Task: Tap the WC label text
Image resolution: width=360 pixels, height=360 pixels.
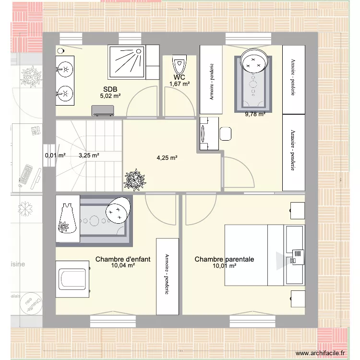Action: pos(179,77)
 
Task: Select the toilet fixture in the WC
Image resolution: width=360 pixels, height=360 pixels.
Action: pos(180,63)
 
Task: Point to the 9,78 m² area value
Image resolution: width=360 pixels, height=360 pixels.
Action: pos(255,114)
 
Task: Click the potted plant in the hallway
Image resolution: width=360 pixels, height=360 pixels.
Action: pos(134,180)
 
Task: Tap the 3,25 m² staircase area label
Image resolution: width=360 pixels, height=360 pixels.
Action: pos(89,155)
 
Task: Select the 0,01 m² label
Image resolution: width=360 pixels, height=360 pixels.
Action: pos(55,155)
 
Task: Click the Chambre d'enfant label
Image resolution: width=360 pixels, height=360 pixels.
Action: pos(123,259)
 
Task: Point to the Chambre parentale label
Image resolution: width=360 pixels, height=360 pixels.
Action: pos(224,259)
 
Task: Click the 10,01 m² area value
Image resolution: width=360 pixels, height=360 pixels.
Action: pos(225,265)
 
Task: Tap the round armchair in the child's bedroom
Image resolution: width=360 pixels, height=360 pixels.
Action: pos(118,209)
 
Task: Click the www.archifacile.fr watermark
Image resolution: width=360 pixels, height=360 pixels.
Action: pos(320,353)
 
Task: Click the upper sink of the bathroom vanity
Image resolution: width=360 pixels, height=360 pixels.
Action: pos(64,70)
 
